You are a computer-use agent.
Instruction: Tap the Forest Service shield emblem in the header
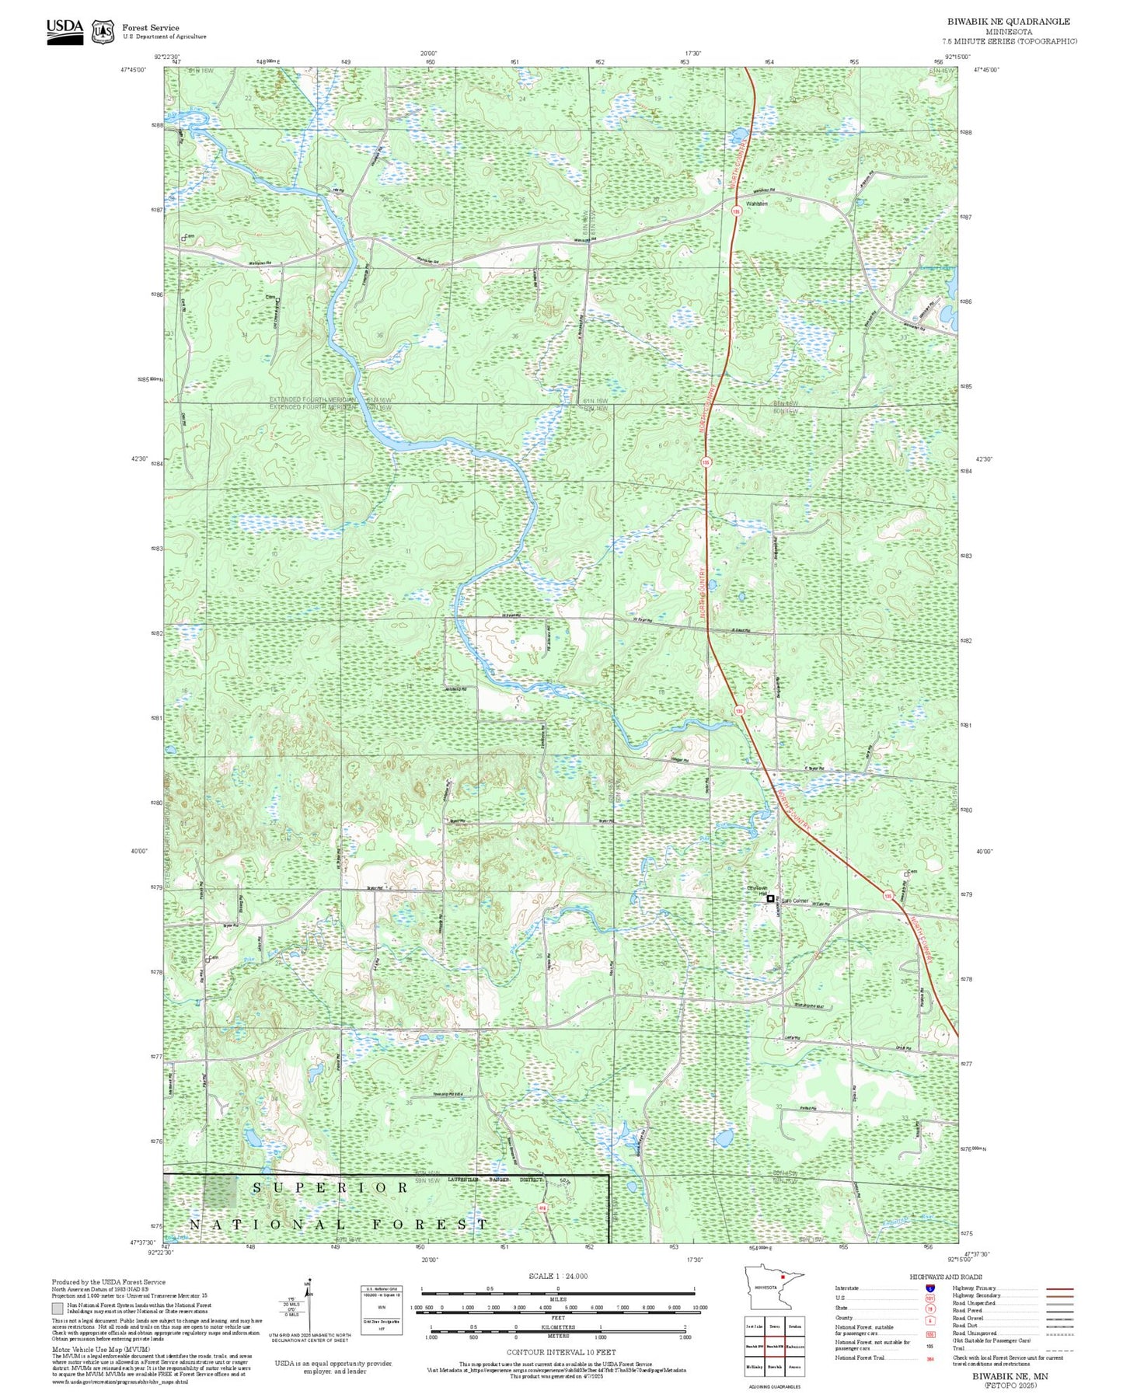click(103, 31)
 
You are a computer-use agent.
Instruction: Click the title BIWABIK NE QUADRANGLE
click(1008, 22)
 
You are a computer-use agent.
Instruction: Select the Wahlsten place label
click(756, 204)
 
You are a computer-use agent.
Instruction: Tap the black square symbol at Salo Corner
click(770, 898)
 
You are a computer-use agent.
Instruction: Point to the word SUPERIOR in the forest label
click(330, 1187)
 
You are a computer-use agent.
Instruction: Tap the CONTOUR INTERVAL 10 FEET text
click(557, 1352)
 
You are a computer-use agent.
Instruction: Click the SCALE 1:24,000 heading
click(557, 1276)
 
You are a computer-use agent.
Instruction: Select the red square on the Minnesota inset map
click(783, 1298)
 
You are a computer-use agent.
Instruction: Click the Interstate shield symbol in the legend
click(929, 1288)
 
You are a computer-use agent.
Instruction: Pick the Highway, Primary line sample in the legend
click(1060, 1288)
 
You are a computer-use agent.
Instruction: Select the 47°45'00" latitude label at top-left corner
click(135, 70)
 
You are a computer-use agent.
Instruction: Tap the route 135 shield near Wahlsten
click(734, 211)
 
